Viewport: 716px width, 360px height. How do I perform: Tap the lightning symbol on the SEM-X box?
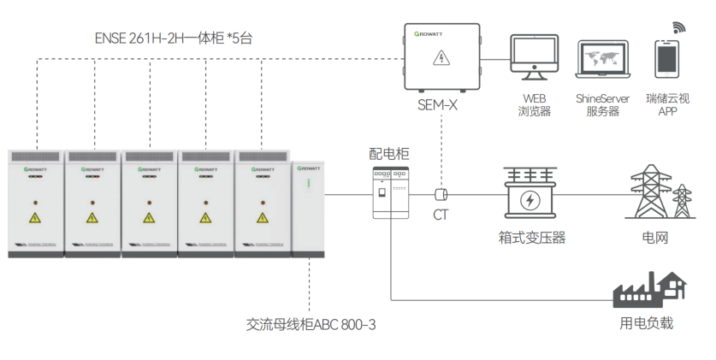[441, 58]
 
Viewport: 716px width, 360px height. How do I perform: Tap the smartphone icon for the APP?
[667, 59]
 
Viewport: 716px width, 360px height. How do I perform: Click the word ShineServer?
[603, 98]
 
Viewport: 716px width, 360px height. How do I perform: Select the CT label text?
[441, 215]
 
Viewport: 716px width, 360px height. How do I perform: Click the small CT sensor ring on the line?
[441, 195]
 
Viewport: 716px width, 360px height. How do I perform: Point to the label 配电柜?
[389, 154]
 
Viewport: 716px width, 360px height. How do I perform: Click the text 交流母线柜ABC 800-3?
[311, 325]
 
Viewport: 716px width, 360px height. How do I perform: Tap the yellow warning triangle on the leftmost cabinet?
[35, 218]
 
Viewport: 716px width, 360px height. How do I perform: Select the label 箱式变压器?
[531, 238]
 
